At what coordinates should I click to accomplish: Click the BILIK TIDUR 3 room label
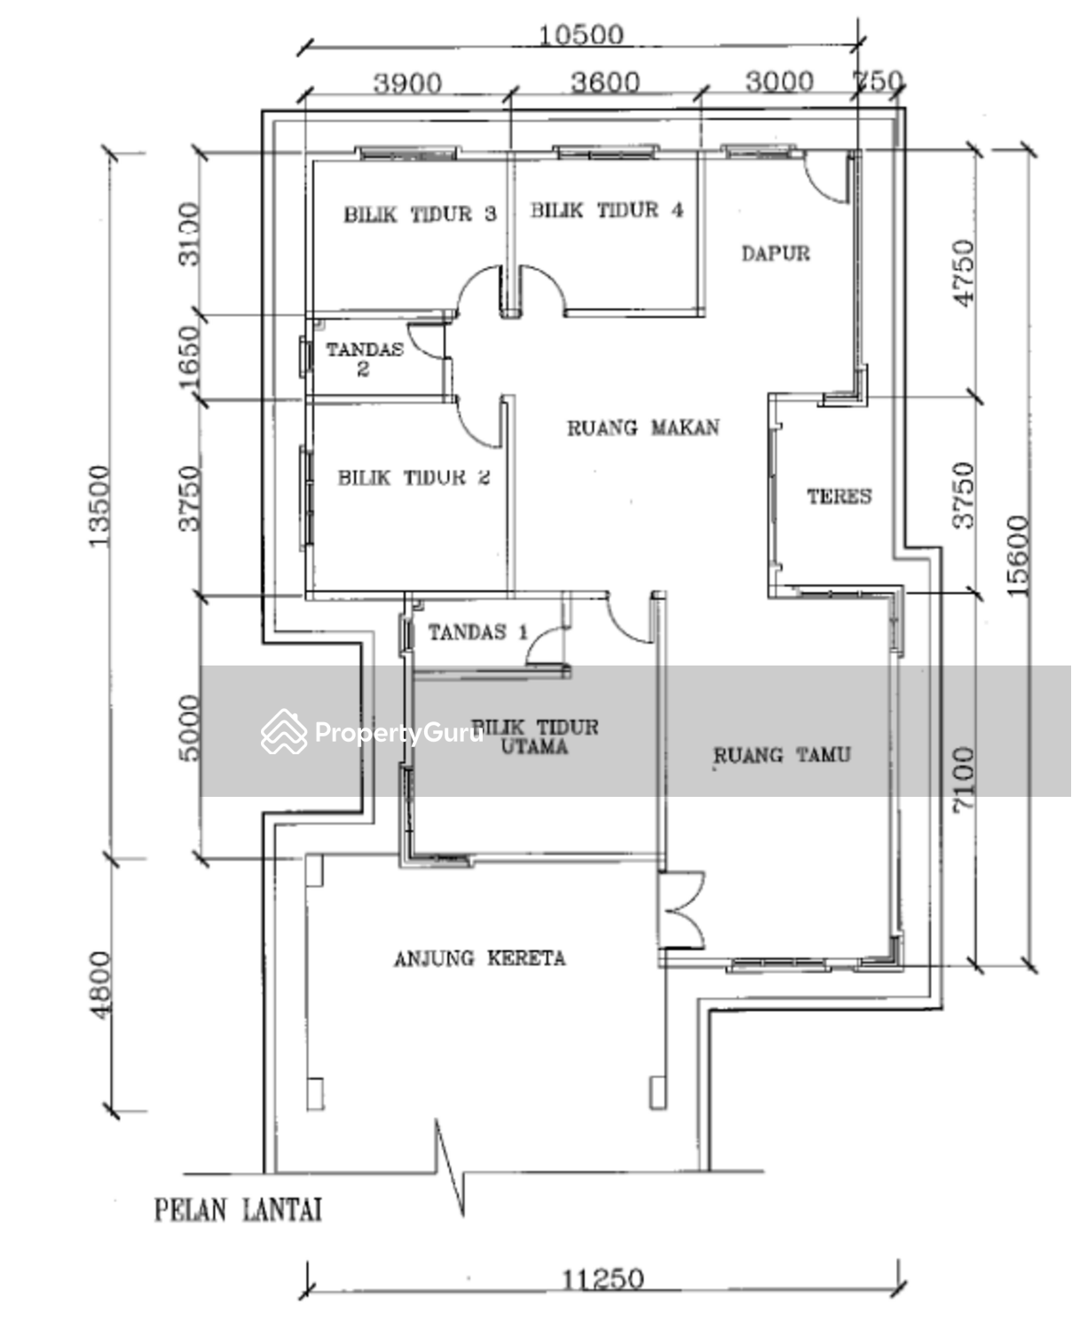pyautogui.click(x=420, y=214)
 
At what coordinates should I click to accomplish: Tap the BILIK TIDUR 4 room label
pyautogui.click(x=607, y=210)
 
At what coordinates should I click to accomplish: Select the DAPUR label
pyautogui.click(x=776, y=254)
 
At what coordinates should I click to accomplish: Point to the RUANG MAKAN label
pyautogui.click(x=643, y=428)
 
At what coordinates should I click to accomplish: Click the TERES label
pyautogui.click(x=839, y=496)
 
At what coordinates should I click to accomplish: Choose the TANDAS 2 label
pyautogui.click(x=364, y=358)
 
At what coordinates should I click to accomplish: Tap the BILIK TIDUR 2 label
pyautogui.click(x=414, y=477)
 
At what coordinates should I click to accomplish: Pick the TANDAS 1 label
pyautogui.click(x=477, y=632)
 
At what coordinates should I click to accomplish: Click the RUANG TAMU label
pyautogui.click(x=782, y=755)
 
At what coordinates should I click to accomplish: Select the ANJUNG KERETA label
pyautogui.click(x=479, y=958)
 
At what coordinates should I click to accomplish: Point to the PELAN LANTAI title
pyautogui.click(x=238, y=1209)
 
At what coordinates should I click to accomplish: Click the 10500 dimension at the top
pyautogui.click(x=581, y=35)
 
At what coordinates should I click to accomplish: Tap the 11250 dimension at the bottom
pyautogui.click(x=603, y=1280)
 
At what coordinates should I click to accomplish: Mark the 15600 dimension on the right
pyautogui.click(x=1018, y=555)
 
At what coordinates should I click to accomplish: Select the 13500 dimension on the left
pyautogui.click(x=99, y=506)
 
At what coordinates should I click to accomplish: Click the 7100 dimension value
pyautogui.click(x=962, y=778)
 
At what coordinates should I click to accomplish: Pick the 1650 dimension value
pyautogui.click(x=189, y=358)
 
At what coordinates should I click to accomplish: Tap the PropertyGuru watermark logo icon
pyautogui.click(x=284, y=732)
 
